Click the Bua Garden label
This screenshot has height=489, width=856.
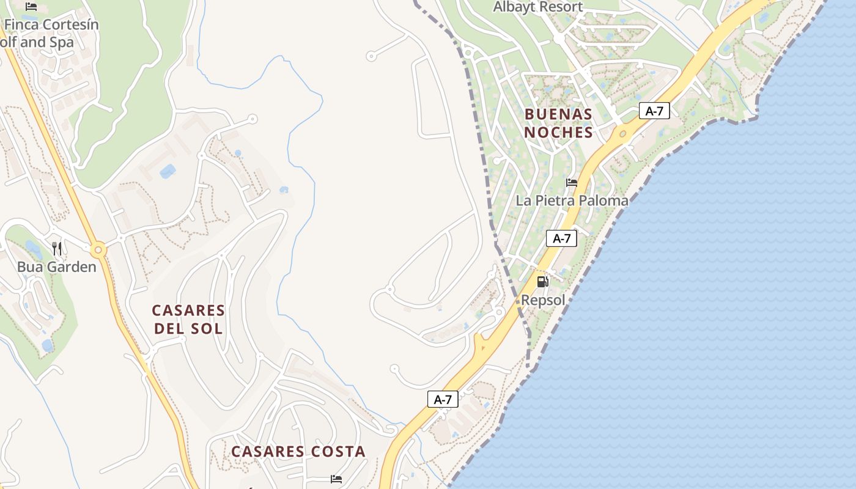pyautogui.click(x=56, y=267)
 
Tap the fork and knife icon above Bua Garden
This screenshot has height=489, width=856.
pyautogui.click(x=57, y=248)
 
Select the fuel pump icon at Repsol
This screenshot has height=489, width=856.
pyautogui.click(x=542, y=282)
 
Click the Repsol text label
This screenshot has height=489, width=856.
pyautogui.click(x=543, y=300)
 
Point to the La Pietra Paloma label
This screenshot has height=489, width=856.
pyautogui.click(x=572, y=200)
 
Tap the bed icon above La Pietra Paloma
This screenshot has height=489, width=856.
pyautogui.click(x=572, y=183)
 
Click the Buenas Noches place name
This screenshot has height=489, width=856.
pyautogui.click(x=558, y=123)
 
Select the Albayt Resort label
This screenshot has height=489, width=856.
pyautogui.click(x=538, y=7)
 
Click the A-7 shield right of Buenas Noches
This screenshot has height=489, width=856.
pyautogui.click(x=654, y=111)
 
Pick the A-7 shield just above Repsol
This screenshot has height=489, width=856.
pyautogui.click(x=561, y=238)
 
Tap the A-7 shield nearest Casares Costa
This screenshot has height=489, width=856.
pyautogui.click(x=443, y=400)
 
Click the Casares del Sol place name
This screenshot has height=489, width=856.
pyautogui.click(x=188, y=320)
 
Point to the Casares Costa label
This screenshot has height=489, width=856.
pyautogui.click(x=298, y=452)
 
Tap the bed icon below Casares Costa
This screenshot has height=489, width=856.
pyautogui.click(x=336, y=479)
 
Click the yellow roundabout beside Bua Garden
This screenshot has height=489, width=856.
pyautogui.click(x=98, y=249)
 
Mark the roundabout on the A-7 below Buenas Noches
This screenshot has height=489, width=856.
pyautogui.click(x=622, y=133)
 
